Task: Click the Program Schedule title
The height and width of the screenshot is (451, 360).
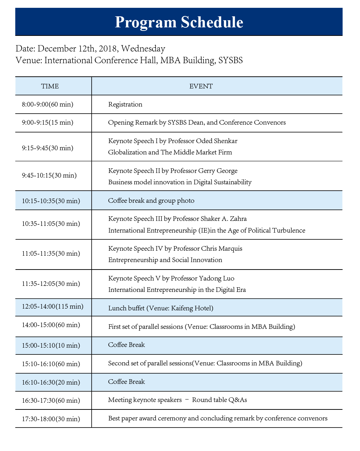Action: tap(179, 22)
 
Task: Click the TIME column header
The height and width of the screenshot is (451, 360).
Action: tap(50, 86)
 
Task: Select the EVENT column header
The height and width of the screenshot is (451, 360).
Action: tap(201, 86)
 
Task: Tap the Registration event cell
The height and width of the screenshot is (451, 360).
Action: tap(125, 104)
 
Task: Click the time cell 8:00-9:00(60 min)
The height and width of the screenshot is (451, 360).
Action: tap(48, 104)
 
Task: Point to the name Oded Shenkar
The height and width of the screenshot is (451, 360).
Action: tap(217, 141)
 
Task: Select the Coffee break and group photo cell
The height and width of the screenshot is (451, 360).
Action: tap(151, 201)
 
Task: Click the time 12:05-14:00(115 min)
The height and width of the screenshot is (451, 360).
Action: tap(53, 306)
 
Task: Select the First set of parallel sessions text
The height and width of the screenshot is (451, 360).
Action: tap(146, 327)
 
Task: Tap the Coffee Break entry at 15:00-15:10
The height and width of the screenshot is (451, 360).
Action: tap(126, 345)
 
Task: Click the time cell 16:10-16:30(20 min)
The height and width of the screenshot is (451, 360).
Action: tap(51, 382)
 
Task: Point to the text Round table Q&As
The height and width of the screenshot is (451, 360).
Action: tap(219, 400)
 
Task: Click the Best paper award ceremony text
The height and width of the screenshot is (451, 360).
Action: tap(147, 418)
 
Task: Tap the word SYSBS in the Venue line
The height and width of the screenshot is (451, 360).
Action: tap(230, 60)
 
